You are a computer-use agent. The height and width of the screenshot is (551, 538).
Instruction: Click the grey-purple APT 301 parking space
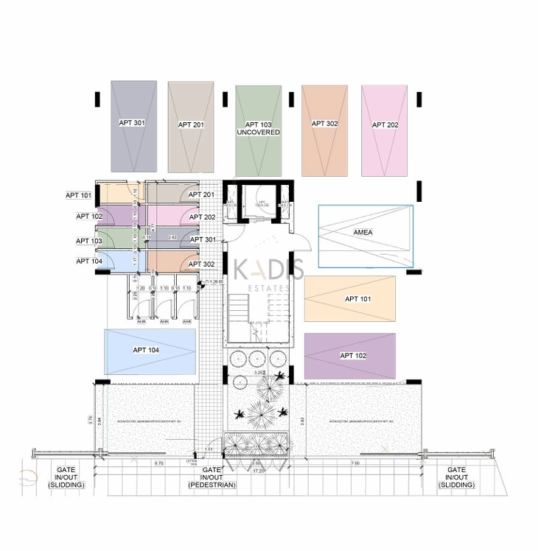133,126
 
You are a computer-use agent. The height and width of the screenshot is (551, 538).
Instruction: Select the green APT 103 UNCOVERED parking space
258,130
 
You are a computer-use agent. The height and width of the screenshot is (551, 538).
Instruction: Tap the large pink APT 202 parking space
384,130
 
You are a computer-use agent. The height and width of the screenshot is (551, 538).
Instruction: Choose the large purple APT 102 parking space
350,356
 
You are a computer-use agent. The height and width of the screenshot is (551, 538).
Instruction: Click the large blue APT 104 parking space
150,351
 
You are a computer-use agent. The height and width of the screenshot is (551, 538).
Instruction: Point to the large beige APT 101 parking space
349,299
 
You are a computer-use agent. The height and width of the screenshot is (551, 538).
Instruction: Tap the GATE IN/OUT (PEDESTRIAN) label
212,477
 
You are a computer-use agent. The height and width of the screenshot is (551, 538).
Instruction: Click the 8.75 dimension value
158,463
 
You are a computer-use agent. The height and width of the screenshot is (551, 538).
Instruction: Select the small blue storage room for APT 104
113,261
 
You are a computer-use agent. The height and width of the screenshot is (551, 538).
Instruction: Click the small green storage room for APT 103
113,238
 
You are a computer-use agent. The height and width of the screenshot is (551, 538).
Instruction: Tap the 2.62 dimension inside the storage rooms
172,237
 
